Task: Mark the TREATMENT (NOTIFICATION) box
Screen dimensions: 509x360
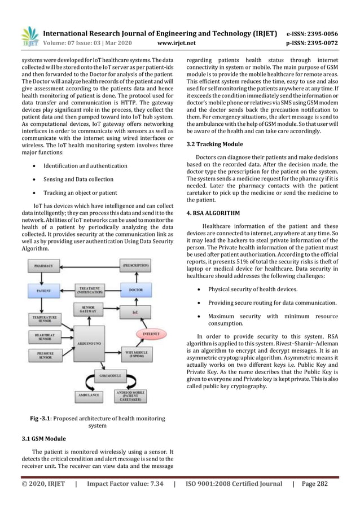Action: (91, 289)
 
